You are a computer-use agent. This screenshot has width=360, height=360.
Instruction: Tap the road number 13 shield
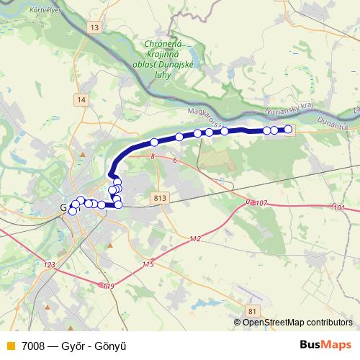coord(95,27)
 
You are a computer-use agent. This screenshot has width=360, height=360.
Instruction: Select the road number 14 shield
coord(83,99)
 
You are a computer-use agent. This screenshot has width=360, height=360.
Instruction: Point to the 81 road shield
coord(251,310)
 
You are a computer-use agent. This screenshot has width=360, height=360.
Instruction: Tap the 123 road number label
coord(49,265)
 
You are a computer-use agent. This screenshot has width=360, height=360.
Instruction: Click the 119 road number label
coord(109,287)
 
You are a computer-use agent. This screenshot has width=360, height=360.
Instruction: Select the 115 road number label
coord(148,265)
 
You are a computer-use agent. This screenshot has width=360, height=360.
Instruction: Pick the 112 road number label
coord(195,238)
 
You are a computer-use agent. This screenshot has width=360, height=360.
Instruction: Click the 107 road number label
coord(261,204)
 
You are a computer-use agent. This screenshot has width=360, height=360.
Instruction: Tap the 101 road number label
coord(339,207)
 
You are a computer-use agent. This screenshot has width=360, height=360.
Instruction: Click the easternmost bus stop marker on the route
coord(288,129)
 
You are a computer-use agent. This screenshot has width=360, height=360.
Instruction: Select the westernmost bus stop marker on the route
coord(72,212)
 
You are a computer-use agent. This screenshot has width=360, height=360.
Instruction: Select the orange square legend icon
coord(11,345)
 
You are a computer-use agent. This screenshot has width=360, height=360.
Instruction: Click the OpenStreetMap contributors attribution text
coord(297,322)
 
